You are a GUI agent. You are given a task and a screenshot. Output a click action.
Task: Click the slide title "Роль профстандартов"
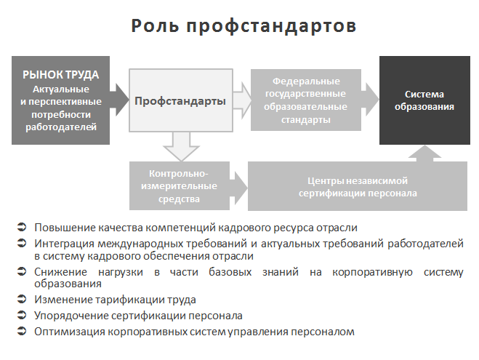coord(243,25)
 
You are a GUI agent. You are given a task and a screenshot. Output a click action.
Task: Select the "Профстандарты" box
coord(181,100)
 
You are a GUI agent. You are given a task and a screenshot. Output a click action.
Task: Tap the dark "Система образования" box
coord(424,100)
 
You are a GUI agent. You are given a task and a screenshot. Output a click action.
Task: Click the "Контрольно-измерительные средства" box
coord(180,185)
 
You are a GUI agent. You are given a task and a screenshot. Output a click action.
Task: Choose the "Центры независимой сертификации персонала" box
coord(358,186)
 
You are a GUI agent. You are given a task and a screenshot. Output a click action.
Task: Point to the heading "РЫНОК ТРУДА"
coord(61,75)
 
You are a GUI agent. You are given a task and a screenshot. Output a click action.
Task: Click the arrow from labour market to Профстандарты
coord(119,100)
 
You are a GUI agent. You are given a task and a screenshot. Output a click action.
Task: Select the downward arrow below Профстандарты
coord(181,146)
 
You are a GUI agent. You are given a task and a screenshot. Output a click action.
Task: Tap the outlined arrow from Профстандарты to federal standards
coord(242,100)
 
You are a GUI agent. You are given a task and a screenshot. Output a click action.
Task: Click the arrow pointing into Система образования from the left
coord(370,100)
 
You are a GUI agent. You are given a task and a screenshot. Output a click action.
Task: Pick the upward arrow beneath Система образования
coord(424,153)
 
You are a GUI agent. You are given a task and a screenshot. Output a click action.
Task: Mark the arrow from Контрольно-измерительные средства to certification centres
coord(238,188)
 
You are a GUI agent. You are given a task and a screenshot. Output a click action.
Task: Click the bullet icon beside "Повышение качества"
coord(22,227)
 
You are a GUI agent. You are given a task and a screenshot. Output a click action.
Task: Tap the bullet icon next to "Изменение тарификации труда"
coord(22,299)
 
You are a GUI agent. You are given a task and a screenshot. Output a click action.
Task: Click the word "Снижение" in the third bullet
coord(60,272)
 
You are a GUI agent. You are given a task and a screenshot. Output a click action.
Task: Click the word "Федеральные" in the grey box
coord(306,81)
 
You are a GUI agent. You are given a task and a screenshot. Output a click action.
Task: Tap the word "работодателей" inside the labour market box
coord(61,127)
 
